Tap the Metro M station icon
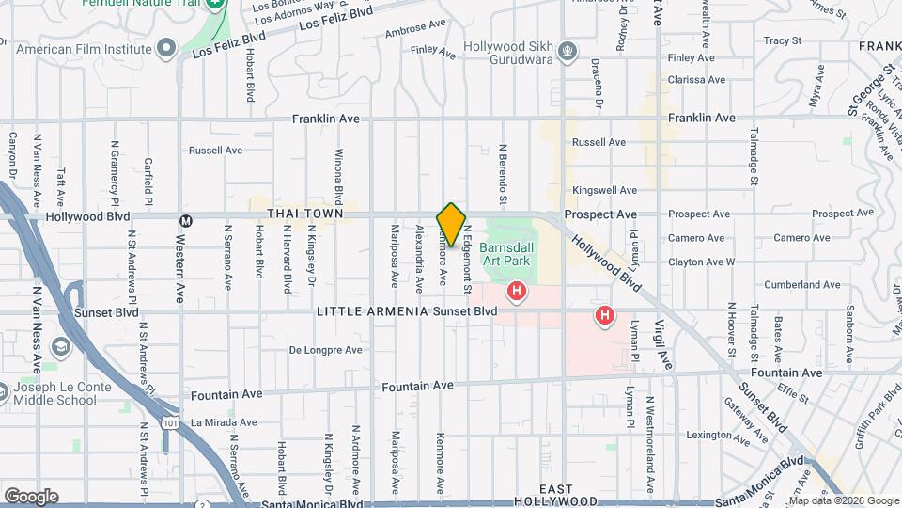point(185,220)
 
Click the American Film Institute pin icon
point(167,48)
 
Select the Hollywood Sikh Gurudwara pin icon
point(567,49)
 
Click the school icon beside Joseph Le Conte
point(62,348)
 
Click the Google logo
point(31,497)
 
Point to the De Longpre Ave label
point(325,350)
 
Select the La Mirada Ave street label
point(223,422)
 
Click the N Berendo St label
point(504,175)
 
